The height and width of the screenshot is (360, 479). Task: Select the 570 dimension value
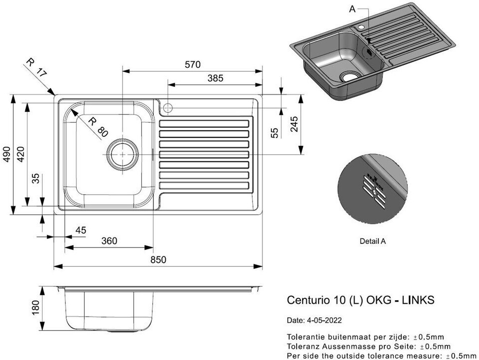192,64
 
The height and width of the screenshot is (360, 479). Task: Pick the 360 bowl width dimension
109,241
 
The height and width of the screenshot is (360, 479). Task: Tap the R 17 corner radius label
36,67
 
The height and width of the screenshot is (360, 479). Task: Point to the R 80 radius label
96,126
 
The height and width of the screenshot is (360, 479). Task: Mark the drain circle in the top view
122,154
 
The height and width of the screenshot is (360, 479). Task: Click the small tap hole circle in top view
167,107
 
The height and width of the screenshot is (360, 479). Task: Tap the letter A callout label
353,8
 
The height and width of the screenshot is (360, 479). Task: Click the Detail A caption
373,241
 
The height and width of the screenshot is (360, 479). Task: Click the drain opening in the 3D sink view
350,76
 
